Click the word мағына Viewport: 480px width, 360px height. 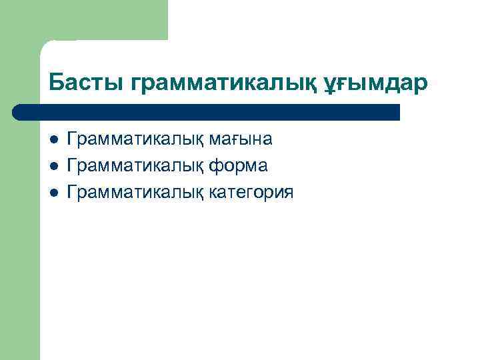(x=239, y=139)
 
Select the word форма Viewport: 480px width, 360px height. (x=238, y=166)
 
